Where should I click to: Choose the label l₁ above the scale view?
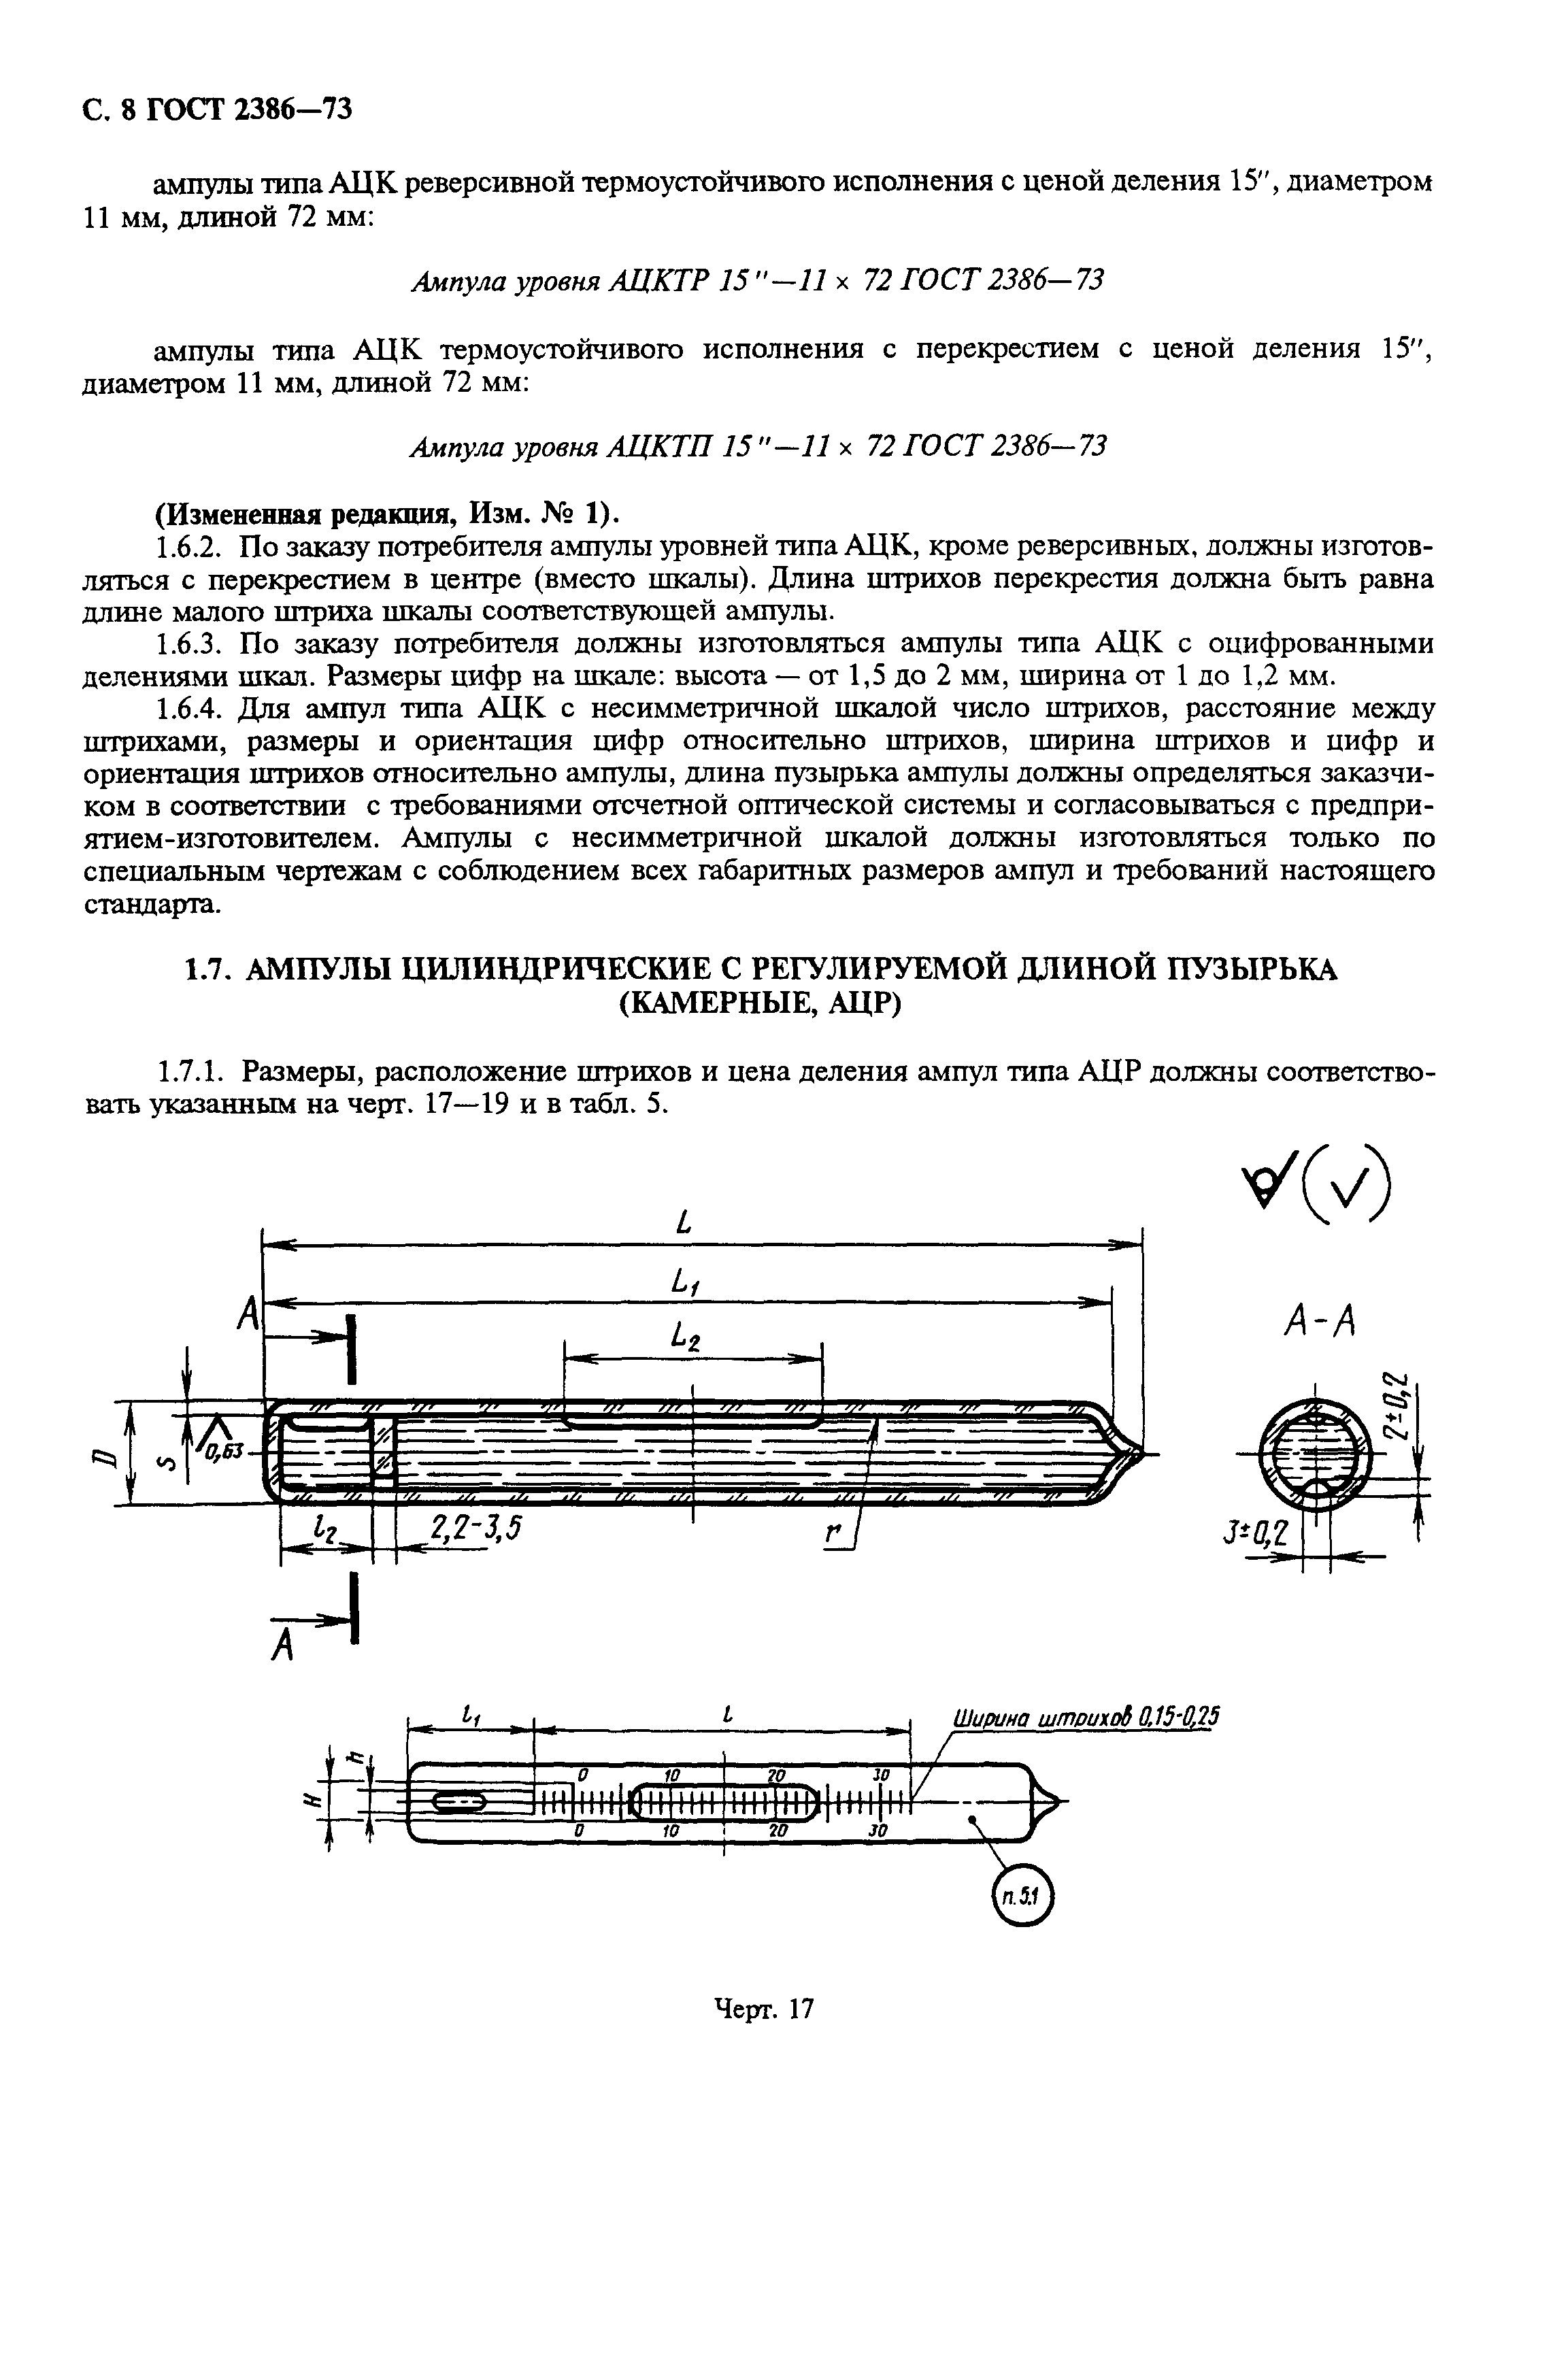click(x=471, y=1716)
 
